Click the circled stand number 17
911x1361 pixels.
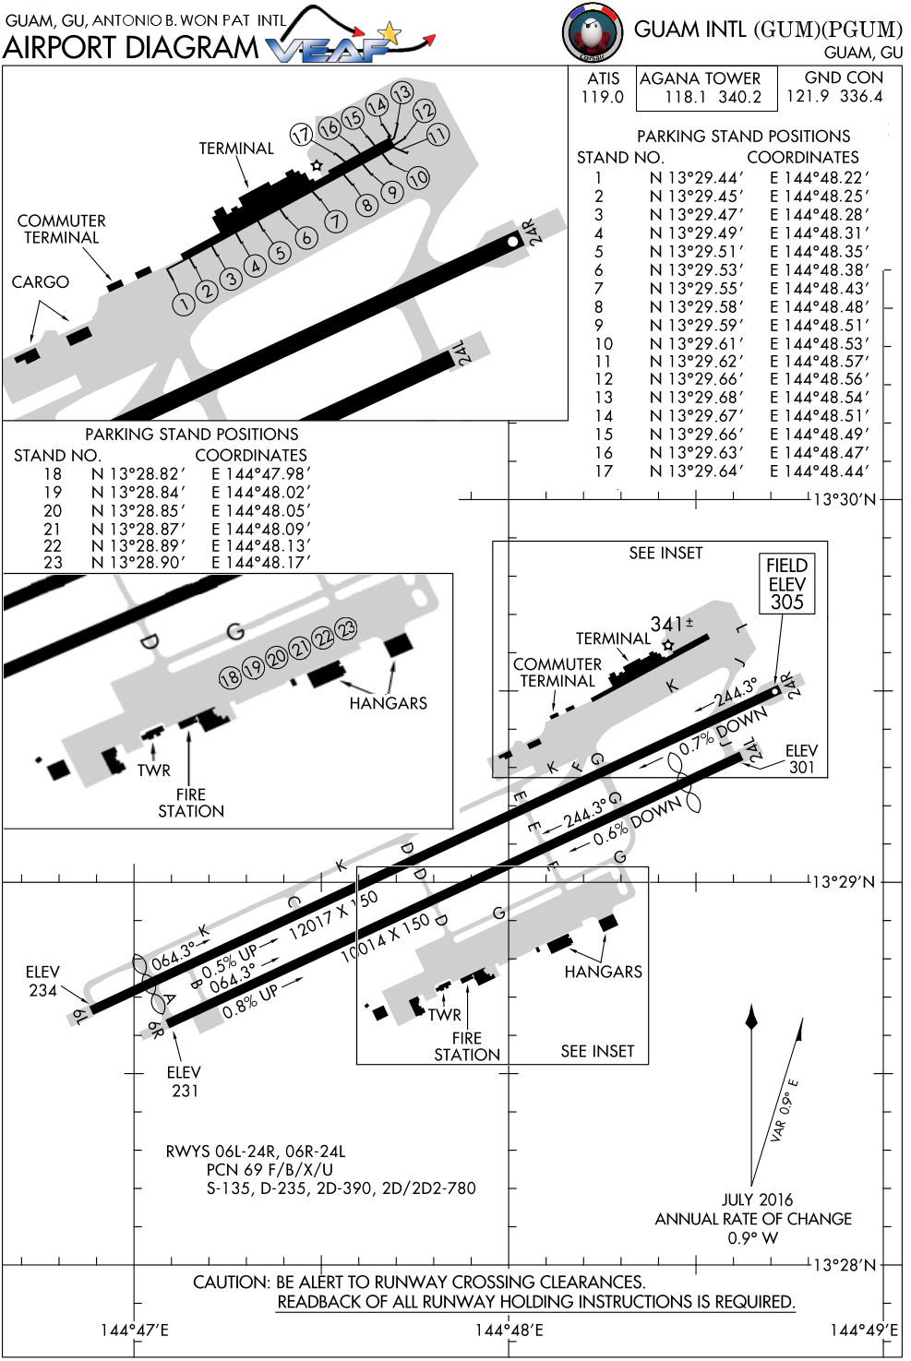(x=302, y=135)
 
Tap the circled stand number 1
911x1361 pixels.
(x=184, y=304)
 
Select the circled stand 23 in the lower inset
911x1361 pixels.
(x=347, y=628)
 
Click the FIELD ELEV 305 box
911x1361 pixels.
(x=787, y=583)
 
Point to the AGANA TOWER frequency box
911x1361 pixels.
(x=707, y=89)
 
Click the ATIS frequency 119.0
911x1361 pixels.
(x=603, y=97)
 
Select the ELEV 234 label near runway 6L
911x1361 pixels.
(x=42, y=981)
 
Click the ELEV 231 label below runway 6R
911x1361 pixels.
(x=185, y=1080)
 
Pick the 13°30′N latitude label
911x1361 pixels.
(x=845, y=499)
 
